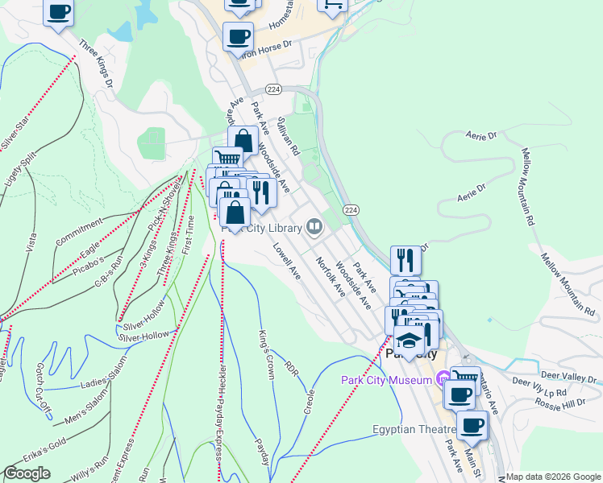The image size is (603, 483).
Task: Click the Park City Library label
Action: coord(262,227)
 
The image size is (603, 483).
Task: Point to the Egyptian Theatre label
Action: coord(408,430)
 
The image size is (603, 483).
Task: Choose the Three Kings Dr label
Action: coord(96,61)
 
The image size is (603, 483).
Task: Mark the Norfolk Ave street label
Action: coord(331,277)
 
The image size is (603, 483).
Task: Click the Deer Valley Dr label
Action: coord(568,376)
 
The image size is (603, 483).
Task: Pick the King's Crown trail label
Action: coord(267,353)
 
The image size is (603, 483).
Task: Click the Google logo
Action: coord(27,473)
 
